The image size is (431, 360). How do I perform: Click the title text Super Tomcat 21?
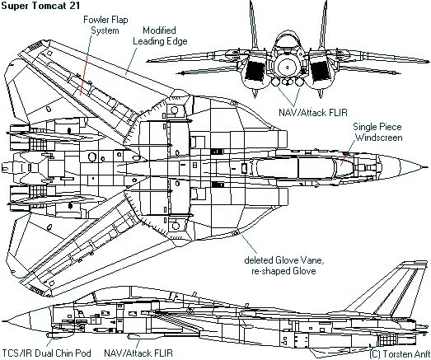(x=40, y=6)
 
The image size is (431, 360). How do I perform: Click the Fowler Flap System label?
(x=105, y=25)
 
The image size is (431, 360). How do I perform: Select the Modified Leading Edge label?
(x=160, y=35)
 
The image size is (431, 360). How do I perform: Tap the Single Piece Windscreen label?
(x=377, y=132)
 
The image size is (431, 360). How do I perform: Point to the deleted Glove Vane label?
(x=283, y=265)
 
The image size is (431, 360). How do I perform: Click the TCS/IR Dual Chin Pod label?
(x=46, y=353)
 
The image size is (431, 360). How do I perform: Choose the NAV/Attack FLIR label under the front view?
(x=313, y=112)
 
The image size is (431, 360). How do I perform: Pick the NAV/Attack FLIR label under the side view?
(x=138, y=353)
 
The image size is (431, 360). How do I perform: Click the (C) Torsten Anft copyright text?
(x=400, y=354)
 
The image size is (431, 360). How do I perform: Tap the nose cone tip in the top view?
(x=428, y=166)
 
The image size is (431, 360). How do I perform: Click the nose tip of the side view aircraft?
(x=3, y=321)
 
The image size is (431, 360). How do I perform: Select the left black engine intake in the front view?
(x=255, y=70)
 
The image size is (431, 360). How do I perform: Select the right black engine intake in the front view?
(x=320, y=71)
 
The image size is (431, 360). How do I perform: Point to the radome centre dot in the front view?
(x=288, y=67)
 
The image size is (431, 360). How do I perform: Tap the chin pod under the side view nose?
(x=60, y=334)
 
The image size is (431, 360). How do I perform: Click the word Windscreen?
(x=379, y=138)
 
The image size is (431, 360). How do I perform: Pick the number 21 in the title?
(x=73, y=6)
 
